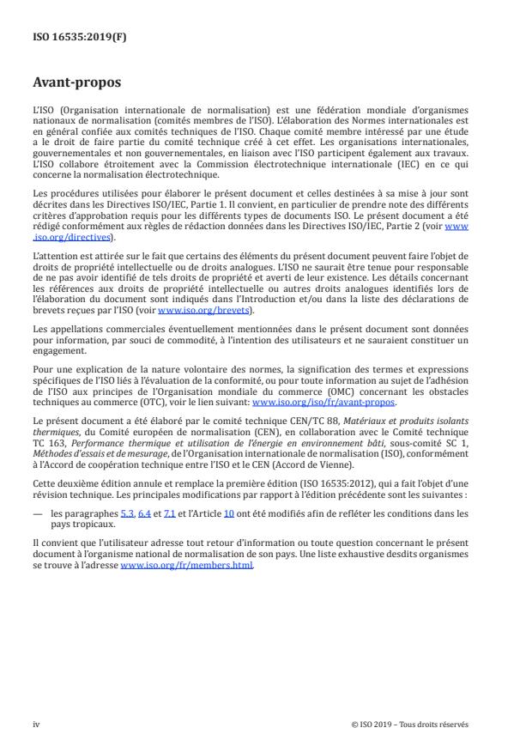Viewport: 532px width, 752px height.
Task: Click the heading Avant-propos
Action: [79, 84]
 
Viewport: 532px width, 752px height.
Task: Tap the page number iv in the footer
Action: [36, 724]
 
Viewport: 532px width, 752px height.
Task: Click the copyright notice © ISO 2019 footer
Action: [409, 724]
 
